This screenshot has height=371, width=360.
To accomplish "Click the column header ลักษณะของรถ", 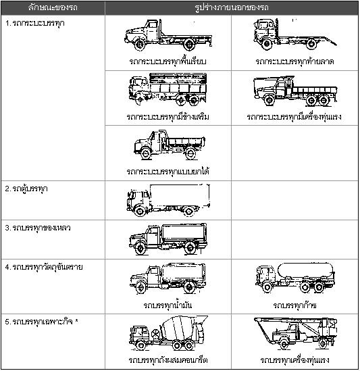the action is [x=53, y=8].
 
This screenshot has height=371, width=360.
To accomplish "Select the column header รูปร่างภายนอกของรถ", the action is [x=232, y=8].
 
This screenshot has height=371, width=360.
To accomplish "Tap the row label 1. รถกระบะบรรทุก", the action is [x=34, y=24].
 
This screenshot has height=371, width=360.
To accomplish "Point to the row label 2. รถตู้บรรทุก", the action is [x=26, y=189].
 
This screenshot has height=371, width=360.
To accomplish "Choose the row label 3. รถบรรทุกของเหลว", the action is [x=38, y=228].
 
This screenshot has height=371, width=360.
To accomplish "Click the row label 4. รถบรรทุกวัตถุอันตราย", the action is [x=44, y=267].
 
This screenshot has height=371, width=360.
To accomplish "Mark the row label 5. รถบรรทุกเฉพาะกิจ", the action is [x=42, y=322].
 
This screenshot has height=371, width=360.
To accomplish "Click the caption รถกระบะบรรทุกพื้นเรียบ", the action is [x=168, y=61].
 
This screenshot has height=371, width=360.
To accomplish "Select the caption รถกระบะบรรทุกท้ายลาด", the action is [x=294, y=61].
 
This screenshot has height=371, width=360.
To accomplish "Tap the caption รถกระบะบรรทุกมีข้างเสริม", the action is [x=168, y=117].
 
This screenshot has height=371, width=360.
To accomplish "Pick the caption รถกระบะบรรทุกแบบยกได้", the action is [x=168, y=171].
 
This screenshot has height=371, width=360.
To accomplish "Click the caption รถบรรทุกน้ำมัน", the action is [x=168, y=305].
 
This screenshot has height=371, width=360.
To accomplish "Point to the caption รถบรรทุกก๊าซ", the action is [x=294, y=305].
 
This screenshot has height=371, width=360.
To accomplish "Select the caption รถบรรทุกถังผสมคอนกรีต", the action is [x=168, y=360].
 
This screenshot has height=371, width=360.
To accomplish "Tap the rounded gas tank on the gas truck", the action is [x=305, y=270].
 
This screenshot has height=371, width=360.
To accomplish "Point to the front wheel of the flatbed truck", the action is [x=140, y=45].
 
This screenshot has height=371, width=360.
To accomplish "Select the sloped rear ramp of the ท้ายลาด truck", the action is [x=328, y=41].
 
